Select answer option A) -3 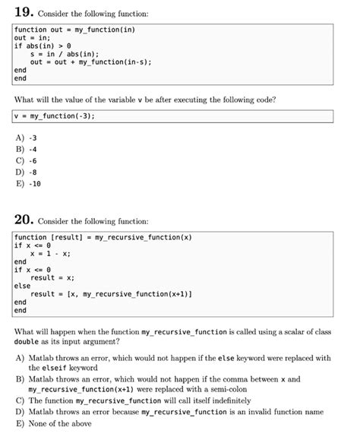(27, 138)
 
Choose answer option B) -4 (27, 150)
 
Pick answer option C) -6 (27, 161)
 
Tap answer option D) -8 (27, 173)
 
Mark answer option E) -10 (28, 184)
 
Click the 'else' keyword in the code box (23, 286)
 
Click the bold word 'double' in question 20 (27, 343)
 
